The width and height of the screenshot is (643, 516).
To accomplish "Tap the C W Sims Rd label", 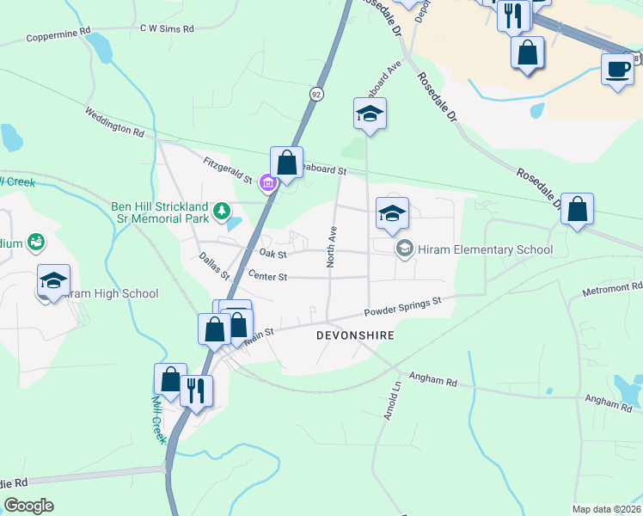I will [168, 28].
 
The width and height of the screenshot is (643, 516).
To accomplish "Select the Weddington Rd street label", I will [114, 122].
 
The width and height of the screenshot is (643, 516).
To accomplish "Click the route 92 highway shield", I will [317, 94].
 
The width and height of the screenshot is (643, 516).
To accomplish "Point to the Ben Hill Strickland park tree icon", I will [223, 210].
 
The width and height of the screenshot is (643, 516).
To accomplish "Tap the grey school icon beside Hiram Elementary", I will [404, 249].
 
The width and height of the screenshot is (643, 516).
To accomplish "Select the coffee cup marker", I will [616, 69].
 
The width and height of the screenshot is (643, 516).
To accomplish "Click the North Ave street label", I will [330, 245].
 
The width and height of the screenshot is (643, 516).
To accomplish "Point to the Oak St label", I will [272, 254].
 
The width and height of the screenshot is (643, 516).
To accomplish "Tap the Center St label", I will [266, 276].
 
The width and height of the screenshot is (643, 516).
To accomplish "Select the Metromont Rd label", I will [613, 286].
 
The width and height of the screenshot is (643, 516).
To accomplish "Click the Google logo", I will [29, 506].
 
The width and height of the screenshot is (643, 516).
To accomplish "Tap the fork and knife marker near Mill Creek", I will [196, 390].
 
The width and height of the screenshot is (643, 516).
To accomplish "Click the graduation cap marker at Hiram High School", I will [53, 280].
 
